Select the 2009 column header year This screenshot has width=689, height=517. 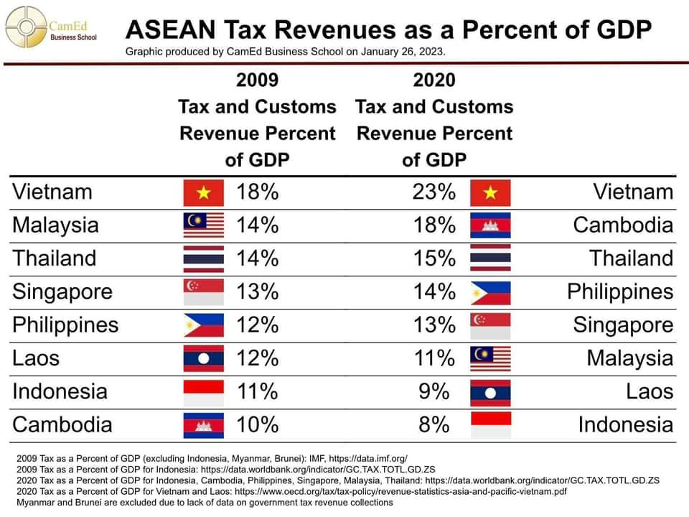point(257,80)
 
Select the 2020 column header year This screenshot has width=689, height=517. point(434,80)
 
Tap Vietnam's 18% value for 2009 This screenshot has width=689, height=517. point(257,192)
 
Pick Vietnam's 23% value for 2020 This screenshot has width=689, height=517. point(434,192)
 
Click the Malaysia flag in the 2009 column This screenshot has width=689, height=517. point(204,225)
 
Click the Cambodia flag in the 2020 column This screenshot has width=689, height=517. point(490,225)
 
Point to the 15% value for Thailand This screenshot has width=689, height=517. point(434,258)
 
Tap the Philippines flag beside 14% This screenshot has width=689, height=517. point(490,292)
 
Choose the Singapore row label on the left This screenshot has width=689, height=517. point(62,292)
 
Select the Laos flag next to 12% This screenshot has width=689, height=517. point(204,358)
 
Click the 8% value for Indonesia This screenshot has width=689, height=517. point(434,425)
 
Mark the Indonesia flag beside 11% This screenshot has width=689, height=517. point(204,392)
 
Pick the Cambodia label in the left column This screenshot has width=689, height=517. point(62,425)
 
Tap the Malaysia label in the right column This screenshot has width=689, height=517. point(630,358)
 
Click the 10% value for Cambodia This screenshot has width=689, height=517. point(257,425)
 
